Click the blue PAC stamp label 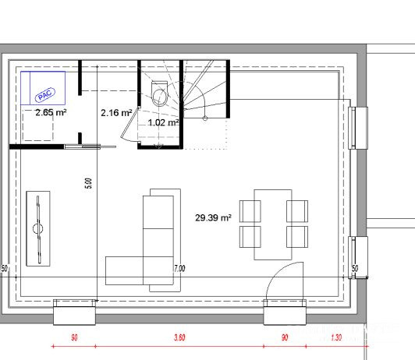click(45, 95)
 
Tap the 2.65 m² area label click(51, 113)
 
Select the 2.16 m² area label click(116, 113)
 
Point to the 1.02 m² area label click(163, 122)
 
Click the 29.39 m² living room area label click(213, 218)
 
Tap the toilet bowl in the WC click(160, 94)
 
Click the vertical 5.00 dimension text click(89, 183)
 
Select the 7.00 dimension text click(179, 269)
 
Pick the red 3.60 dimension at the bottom click(179, 337)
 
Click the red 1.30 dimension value click(336, 337)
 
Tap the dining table click(273, 224)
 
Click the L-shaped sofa click(143, 240)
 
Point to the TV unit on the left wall click(38, 228)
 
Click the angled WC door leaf click(130, 123)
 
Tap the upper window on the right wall click(358, 128)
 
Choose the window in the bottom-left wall click(74, 312)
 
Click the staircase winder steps click(205, 89)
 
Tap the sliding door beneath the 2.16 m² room click(90, 146)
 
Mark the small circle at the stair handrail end click(205, 118)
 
